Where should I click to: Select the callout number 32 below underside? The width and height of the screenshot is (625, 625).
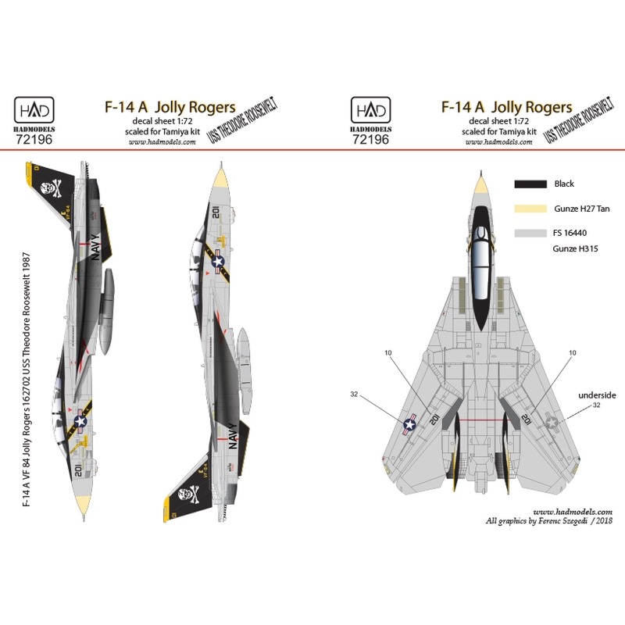[597, 405]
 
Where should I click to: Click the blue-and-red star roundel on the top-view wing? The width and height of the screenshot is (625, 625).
[409, 424]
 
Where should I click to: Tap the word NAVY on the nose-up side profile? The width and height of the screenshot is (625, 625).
[103, 250]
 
